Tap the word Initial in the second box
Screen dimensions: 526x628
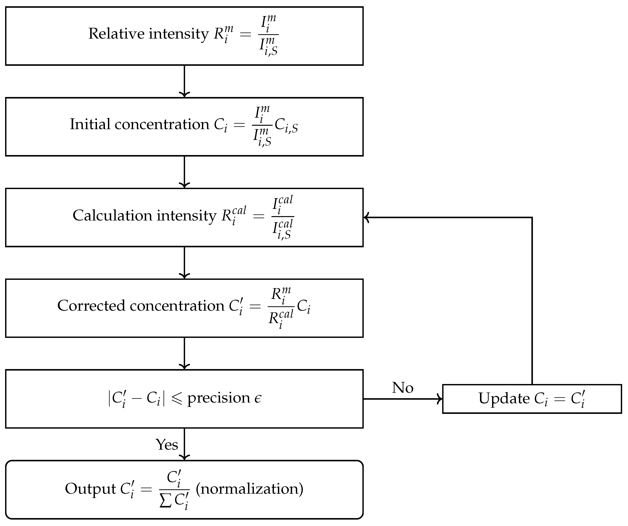coord(90,124)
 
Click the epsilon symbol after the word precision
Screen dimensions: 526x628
coord(258,398)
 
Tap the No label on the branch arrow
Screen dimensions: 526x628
coord(402,388)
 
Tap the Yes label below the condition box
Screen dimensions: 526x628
coord(167,445)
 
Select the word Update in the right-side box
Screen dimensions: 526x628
coord(504,399)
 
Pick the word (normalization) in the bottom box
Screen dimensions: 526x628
coord(249,489)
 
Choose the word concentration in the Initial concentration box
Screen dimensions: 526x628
coord(162,124)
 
